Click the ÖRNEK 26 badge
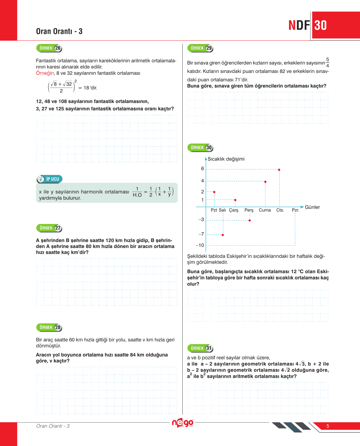[49, 48]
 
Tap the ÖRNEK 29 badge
[200, 48]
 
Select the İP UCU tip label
[50, 179]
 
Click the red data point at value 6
[279, 170]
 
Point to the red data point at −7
[223, 235]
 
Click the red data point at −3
[250, 220]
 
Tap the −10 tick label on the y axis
[200, 245]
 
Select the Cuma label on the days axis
[265, 210]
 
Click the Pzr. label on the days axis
[295, 210]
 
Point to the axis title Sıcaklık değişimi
[226, 159]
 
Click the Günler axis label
[312, 207]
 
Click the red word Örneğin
[45, 73]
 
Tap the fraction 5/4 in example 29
[327, 63]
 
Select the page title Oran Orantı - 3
[59, 31]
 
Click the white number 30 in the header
[320, 25]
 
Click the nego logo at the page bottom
[182, 423]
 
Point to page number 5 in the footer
[328, 426]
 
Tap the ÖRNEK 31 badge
[200, 348]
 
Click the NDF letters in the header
[299, 25]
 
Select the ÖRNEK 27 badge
[49, 228]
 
